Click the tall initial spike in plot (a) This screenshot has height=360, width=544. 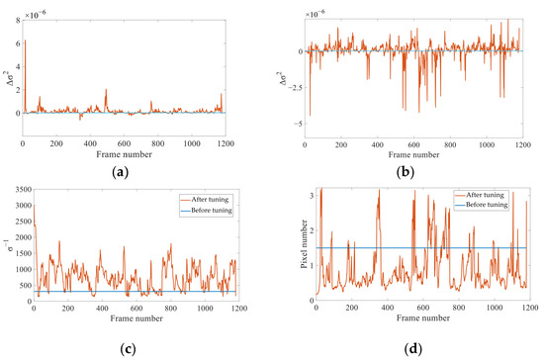click(26, 45)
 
